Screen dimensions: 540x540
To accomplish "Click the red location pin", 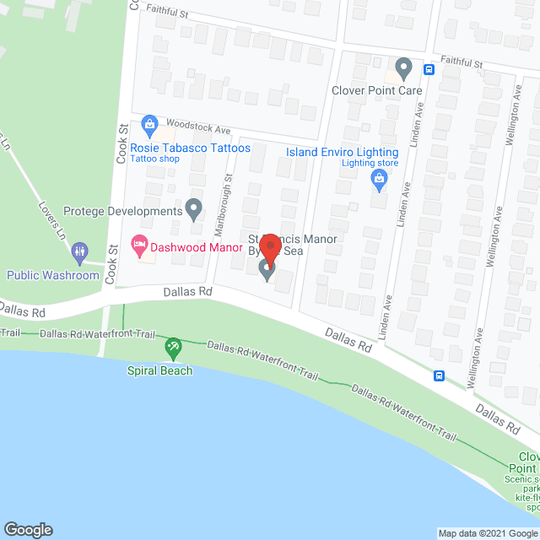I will point(270,248).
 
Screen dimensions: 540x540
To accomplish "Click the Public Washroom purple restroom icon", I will point(80,251).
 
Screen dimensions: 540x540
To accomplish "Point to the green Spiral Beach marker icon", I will point(172,346).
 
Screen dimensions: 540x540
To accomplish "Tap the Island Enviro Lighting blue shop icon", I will point(379,177).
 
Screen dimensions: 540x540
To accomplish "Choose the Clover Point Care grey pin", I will point(403,67).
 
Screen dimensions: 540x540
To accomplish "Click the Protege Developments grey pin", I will point(194,208).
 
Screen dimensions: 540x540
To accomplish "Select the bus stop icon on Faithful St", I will point(429,69).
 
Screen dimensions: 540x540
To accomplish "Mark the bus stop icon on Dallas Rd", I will point(439,375).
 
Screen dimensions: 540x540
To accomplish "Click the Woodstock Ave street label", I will point(199,127).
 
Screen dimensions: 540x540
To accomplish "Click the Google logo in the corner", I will point(27,529).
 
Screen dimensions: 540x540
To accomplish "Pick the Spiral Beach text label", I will point(159,370).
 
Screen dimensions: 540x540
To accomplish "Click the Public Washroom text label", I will point(53,275).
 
